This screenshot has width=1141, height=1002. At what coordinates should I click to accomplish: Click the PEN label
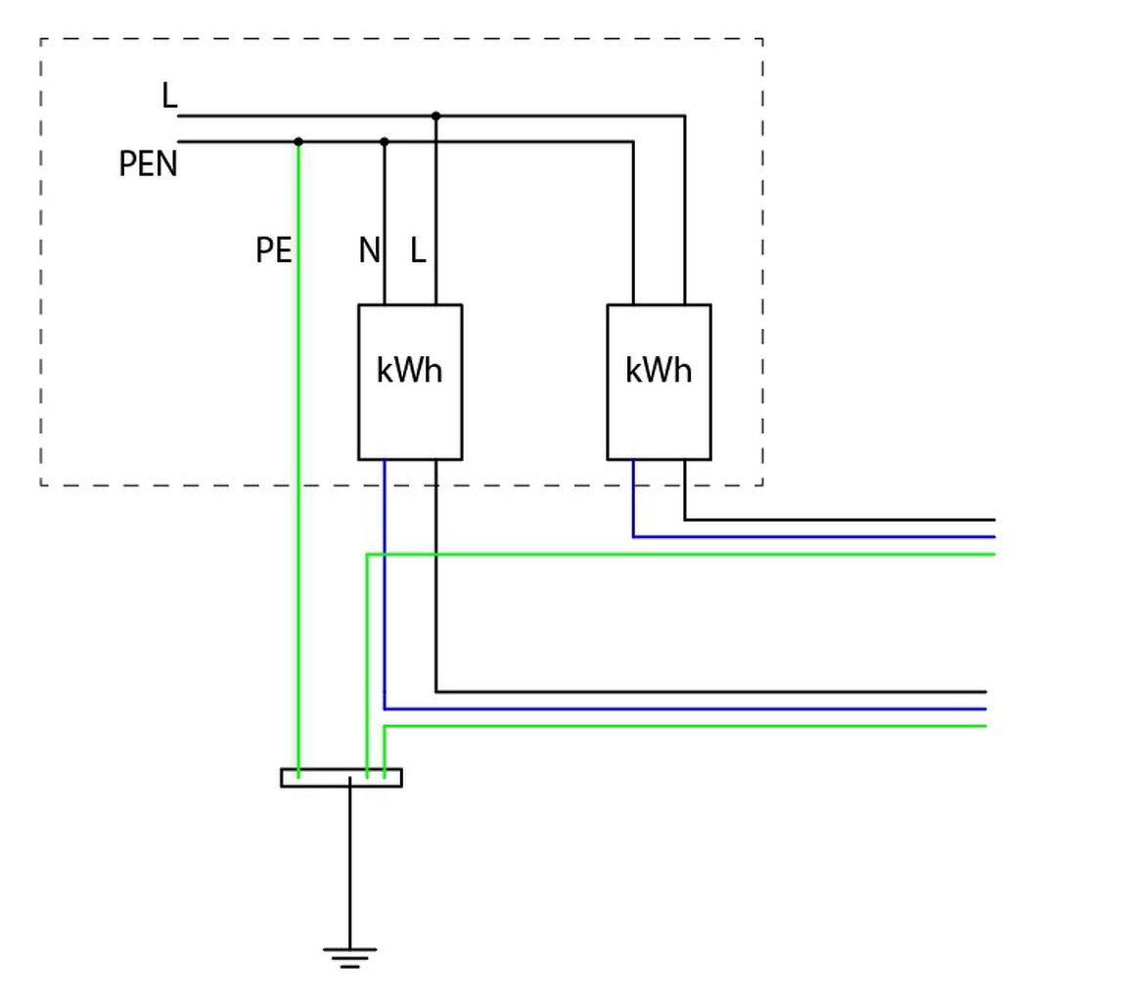tap(148, 163)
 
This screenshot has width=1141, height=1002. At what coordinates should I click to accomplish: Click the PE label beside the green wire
tap(274, 250)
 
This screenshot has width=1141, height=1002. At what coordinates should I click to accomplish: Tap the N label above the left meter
tap(369, 250)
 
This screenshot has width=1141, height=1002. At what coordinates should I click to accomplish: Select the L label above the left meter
tap(418, 250)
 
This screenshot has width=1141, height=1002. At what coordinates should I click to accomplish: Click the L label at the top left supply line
tap(169, 95)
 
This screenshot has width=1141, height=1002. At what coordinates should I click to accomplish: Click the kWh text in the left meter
tap(409, 370)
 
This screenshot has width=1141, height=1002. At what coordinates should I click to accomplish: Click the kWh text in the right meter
tap(658, 370)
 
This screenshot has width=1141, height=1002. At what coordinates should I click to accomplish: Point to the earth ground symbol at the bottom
tap(350, 958)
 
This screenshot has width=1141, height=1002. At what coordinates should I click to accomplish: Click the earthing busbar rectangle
tap(342, 778)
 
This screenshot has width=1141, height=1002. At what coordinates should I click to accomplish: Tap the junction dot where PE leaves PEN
tap(298, 142)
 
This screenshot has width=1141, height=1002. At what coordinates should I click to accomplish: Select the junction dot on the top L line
tap(435, 115)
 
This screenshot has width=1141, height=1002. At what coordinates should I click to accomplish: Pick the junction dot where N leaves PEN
tap(385, 142)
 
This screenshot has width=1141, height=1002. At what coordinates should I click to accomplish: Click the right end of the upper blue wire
tap(995, 537)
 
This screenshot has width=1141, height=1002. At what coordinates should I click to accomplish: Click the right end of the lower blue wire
tap(986, 708)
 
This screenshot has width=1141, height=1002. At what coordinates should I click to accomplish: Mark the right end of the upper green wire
tap(995, 555)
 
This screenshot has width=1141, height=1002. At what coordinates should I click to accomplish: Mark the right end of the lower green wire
tap(986, 726)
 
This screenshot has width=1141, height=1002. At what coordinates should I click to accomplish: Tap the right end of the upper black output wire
tap(995, 520)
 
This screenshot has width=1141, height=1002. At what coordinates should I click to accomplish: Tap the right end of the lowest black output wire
tap(986, 692)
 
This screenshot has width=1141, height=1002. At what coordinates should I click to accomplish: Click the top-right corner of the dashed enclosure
tap(762, 38)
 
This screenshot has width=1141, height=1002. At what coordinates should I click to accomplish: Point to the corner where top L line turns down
tap(685, 115)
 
